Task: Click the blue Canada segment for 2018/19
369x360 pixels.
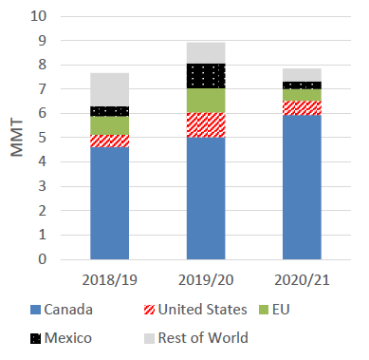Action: (109, 203)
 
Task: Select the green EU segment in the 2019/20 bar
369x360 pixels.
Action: (206, 101)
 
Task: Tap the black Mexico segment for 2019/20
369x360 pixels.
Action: (206, 76)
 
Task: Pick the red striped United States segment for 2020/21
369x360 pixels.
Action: (302, 108)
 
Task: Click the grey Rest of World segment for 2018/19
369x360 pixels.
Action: (109, 89)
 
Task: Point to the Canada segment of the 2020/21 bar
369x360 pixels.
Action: (302, 187)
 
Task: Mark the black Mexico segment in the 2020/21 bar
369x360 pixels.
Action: (302, 85)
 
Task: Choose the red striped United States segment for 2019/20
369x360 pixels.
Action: (206, 125)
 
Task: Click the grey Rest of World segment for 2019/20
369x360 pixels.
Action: (206, 53)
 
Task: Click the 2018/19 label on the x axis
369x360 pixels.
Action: (109, 280)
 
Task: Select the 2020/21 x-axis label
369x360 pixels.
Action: (302, 280)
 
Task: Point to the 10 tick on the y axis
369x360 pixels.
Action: (39, 16)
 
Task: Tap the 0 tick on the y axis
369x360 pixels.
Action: (43, 259)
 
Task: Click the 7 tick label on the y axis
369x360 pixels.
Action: (43, 89)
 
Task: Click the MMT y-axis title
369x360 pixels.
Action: (17, 138)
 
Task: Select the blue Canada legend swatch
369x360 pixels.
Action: (35, 310)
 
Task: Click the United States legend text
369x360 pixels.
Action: (202, 310)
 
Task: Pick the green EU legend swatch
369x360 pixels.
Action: (264, 310)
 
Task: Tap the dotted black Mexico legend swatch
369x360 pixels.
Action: (35, 338)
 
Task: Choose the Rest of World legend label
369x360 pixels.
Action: (203, 338)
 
